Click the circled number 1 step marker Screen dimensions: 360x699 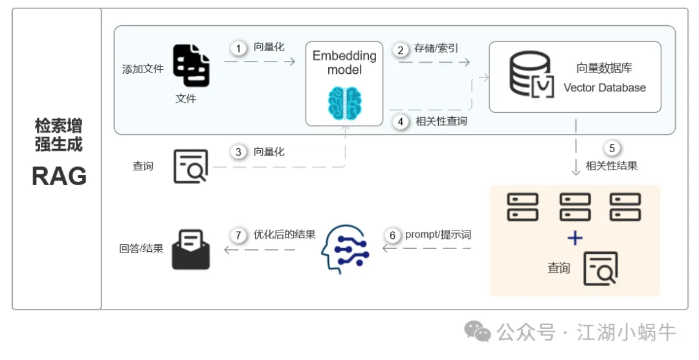(238, 48)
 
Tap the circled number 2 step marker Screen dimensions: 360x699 (401, 49)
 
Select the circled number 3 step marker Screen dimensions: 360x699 (238, 152)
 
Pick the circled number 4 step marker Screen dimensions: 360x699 (401, 121)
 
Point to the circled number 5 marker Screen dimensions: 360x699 (612, 148)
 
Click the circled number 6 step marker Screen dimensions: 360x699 (392, 234)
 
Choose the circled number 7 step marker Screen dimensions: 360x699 (238, 235)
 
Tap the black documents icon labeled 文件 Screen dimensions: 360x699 (192, 65)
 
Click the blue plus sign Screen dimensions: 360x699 (575, 238)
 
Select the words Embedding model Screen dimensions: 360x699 (344, 62)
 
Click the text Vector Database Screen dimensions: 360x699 (605, 88)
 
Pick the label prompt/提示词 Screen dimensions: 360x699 (438, 234)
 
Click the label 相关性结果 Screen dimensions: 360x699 (612, 166)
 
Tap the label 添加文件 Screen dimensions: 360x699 (143, 69)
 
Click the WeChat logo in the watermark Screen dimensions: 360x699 (479, 333)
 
